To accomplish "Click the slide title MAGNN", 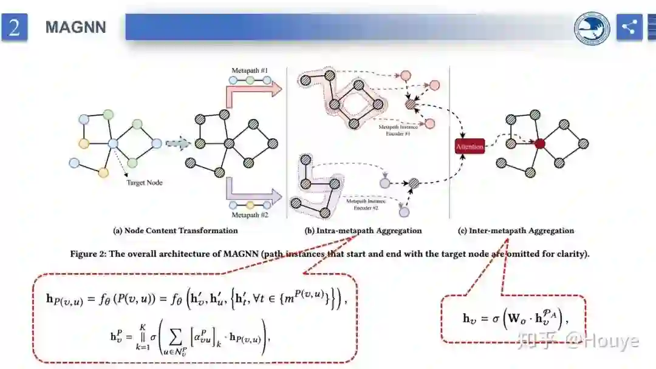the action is tap(75, 27).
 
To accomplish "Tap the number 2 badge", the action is tap(15, 27).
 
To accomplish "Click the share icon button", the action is tap(629, 27).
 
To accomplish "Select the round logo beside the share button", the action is tap(592, 27).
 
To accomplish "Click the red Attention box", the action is tap(470, 146).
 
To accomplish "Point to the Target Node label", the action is tap(145, 182).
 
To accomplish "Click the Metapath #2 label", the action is tap(250, 215).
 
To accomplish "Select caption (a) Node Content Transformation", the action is tap(176, 231).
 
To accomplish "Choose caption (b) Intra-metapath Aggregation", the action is tap(363, 231).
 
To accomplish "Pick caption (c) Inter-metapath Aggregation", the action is tap(516, 231).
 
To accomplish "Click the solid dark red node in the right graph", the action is tap(539, 144).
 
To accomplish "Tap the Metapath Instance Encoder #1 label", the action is tap(395, 130).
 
